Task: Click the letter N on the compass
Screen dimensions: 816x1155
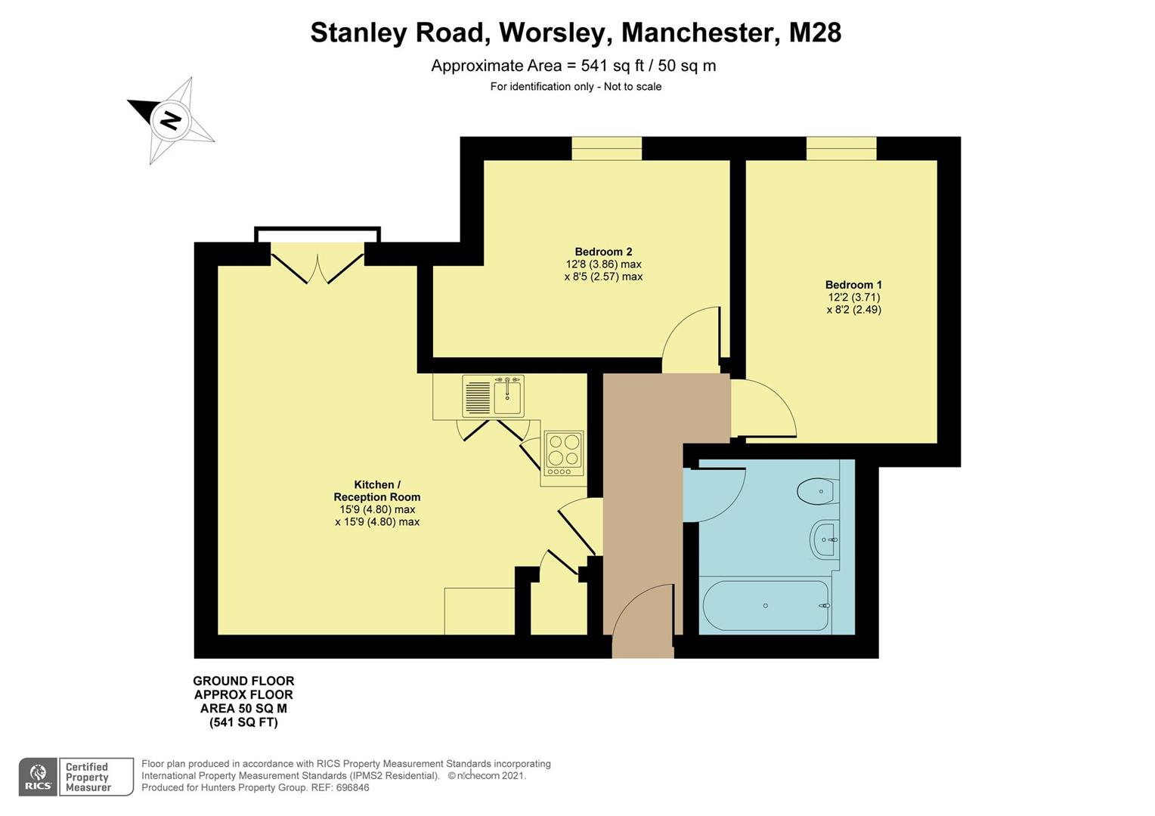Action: point(170,120)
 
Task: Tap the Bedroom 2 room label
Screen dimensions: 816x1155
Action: point(603,252)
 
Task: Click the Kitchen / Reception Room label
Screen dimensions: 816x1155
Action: point(377,491)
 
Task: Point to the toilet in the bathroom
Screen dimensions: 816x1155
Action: point(816,492)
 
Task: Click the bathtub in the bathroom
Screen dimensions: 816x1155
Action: point(766,606)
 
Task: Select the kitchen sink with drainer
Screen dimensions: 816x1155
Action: point(493,397)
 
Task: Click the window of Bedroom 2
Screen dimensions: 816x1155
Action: point(606,149)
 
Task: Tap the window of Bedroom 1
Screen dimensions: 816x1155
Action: point(841,149)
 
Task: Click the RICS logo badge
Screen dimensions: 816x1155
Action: point(38,777)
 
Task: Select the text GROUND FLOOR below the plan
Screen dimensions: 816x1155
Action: point(243,681)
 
